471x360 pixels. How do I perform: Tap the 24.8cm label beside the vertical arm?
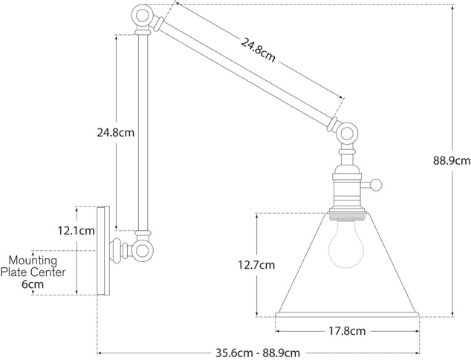(116, 134)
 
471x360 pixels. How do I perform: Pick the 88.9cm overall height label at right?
(452, 160)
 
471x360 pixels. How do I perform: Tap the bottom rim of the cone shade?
(347, 314)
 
